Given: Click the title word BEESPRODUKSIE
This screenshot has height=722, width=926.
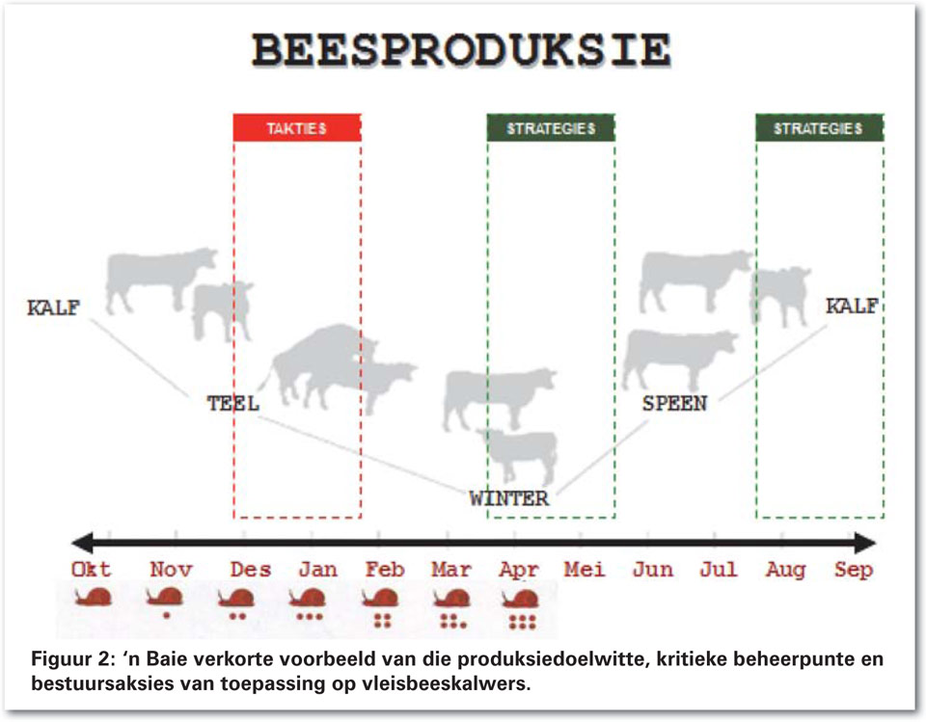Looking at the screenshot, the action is [462, 49].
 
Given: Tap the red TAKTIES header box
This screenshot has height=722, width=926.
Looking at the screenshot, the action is [297, 128].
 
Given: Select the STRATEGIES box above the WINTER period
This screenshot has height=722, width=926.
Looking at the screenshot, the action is [551, 128].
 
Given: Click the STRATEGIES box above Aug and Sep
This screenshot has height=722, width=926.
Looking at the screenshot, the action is [820, 128].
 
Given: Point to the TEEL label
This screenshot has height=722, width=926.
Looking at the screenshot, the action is [233, 404].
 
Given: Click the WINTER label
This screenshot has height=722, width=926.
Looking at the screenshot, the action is [509, 499].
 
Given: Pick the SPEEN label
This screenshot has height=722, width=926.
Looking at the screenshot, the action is [674, 404].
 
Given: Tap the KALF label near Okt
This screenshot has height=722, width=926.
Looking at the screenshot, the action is [54, 308].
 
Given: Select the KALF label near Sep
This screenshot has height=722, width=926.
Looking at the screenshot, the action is [852, 306].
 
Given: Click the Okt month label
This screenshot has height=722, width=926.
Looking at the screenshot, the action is [91, 570].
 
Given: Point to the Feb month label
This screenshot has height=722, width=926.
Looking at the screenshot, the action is [385, 570].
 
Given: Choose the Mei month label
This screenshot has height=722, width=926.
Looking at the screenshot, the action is [585, 570].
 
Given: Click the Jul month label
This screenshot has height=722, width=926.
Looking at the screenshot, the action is [719, 570].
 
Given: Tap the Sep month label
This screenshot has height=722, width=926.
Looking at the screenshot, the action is [854, 571].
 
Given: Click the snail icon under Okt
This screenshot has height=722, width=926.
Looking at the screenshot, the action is [94, 597].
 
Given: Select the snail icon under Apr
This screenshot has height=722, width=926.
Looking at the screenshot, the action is [520, 599].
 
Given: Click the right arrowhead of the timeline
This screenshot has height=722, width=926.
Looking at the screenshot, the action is [864, 543].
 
